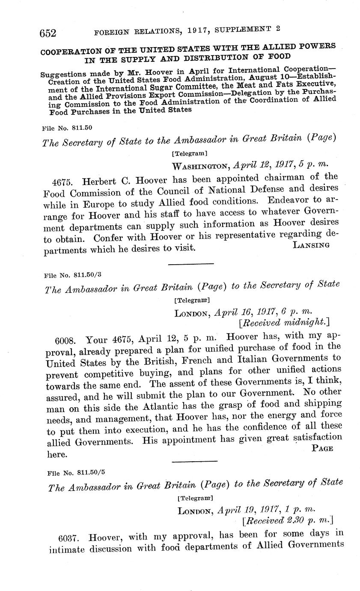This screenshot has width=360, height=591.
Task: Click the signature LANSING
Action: (x=311, y=245)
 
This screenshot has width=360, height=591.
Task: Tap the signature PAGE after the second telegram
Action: (x=323, y=448)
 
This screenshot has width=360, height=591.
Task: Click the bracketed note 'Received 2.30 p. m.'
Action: (x=287, y=521)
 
